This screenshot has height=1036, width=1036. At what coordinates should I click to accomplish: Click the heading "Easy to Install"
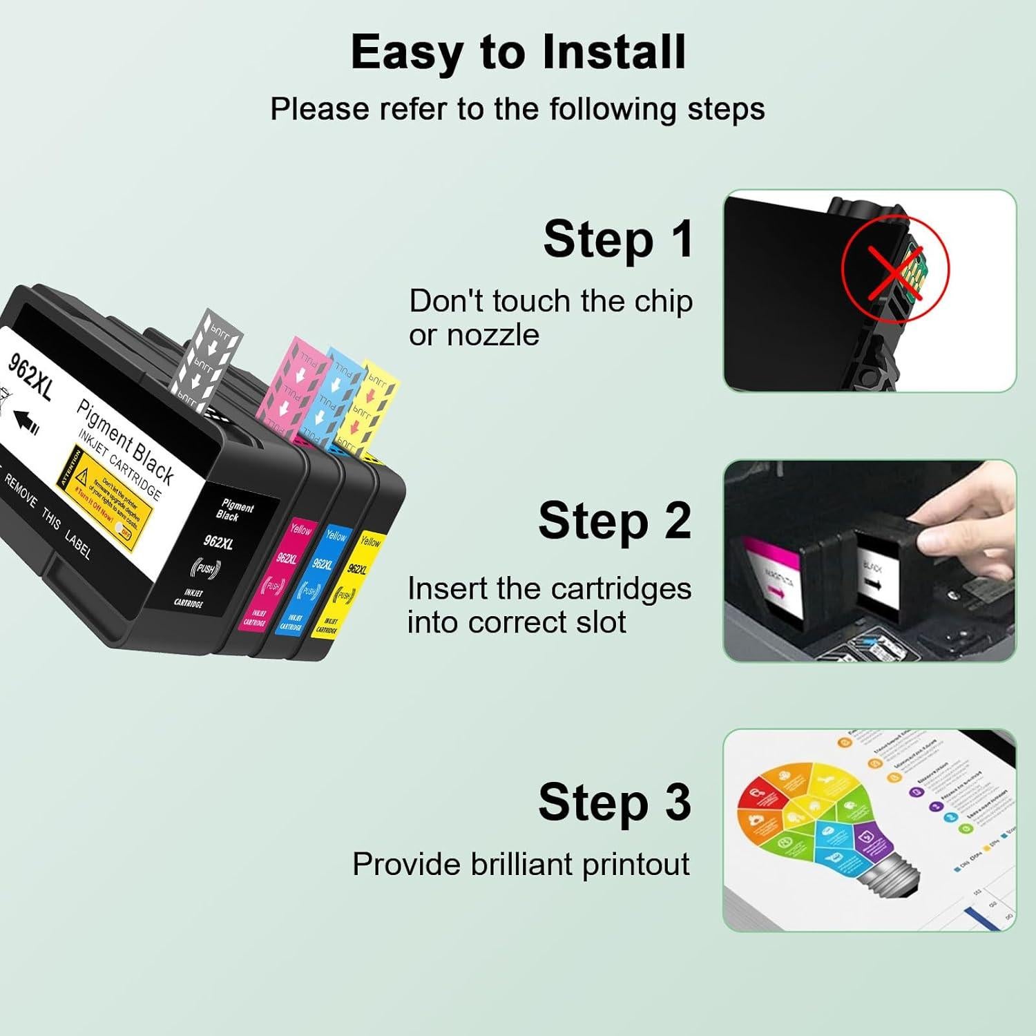(518, 52)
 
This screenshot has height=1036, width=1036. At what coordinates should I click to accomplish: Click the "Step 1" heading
(618, 240)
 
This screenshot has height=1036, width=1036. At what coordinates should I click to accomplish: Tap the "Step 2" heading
(615, 521)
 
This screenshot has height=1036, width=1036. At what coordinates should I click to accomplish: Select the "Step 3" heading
(615, 803)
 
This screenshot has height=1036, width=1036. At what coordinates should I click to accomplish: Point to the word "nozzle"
(493, 336)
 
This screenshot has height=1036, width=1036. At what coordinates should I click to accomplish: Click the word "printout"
(635, 865)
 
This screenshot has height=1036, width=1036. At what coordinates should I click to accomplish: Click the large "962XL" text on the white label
(30, 376)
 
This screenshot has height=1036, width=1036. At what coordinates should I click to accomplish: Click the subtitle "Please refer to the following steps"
(517, 109)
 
